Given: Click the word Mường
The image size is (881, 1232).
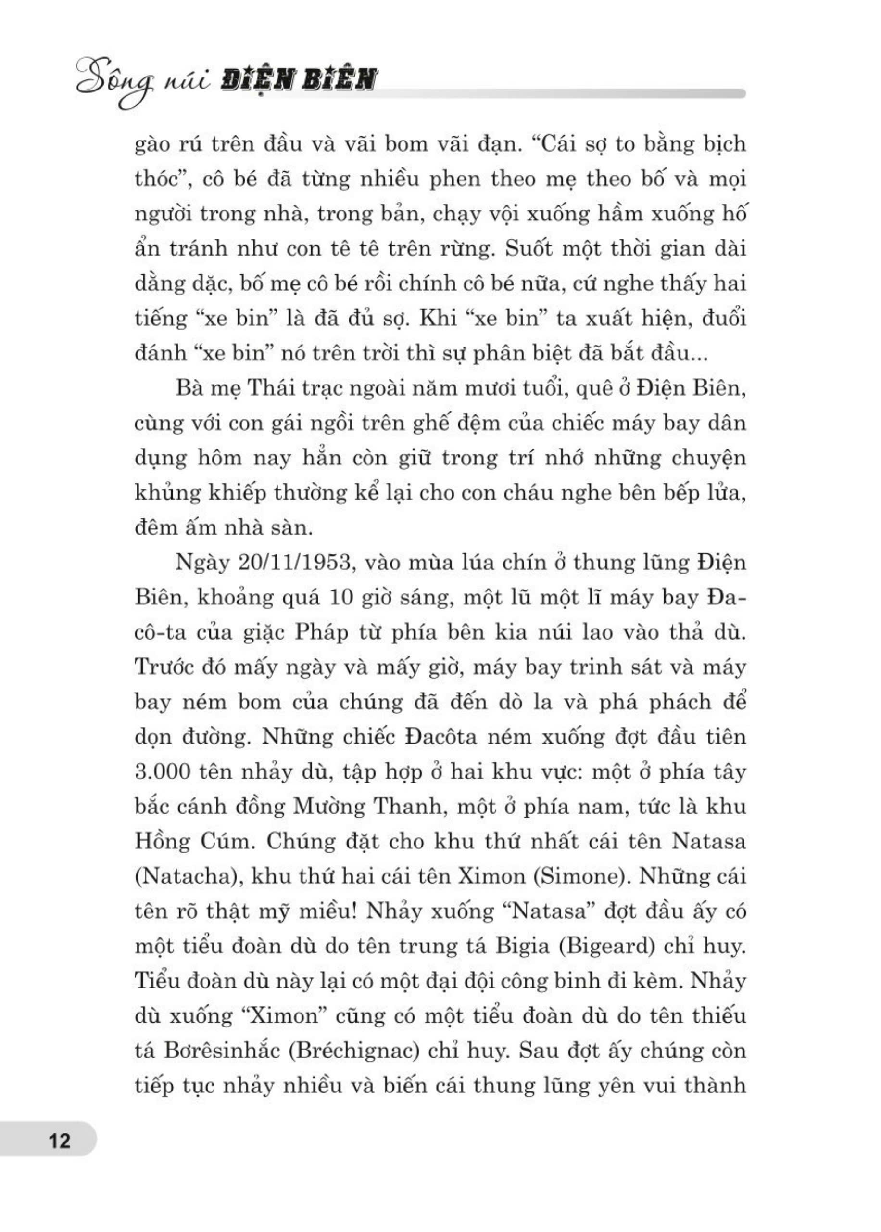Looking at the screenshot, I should [329, 807].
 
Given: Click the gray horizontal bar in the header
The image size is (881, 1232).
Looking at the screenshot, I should [559, 93].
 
